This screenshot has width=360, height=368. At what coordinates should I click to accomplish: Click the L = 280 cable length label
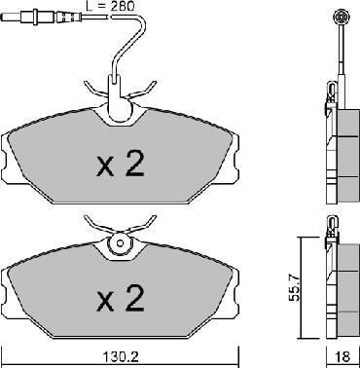tap(111, 6)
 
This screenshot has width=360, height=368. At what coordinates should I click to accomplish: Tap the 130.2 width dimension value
tap(121, 357)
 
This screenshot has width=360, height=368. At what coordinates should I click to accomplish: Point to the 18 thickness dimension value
tap(343, 357)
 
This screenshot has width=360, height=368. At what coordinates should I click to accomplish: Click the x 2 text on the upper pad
tap(121, 164)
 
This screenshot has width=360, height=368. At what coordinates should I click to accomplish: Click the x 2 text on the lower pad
tap(121, 298)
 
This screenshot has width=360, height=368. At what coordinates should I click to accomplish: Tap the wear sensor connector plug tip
tap(11, 16)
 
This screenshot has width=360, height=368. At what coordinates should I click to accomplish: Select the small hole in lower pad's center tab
tap(121, 243)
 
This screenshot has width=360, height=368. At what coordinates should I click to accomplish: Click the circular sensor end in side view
tap(342, 17)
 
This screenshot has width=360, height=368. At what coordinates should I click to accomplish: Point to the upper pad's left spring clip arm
tap(96, 89)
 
